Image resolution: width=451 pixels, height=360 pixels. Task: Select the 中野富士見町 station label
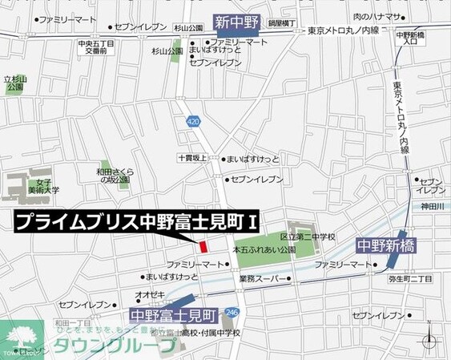point(175,313)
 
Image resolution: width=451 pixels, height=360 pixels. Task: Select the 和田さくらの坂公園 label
point(115,175)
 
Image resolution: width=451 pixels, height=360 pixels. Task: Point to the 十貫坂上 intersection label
point(192,159)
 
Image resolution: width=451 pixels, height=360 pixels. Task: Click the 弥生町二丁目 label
point(411,278)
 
